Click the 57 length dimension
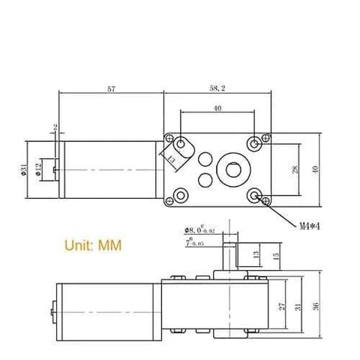[112, 89]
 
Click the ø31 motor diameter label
[25, 169]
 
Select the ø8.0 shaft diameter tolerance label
[201, 231]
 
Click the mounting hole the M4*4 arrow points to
[258, 197]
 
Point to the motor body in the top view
[109, 169]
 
